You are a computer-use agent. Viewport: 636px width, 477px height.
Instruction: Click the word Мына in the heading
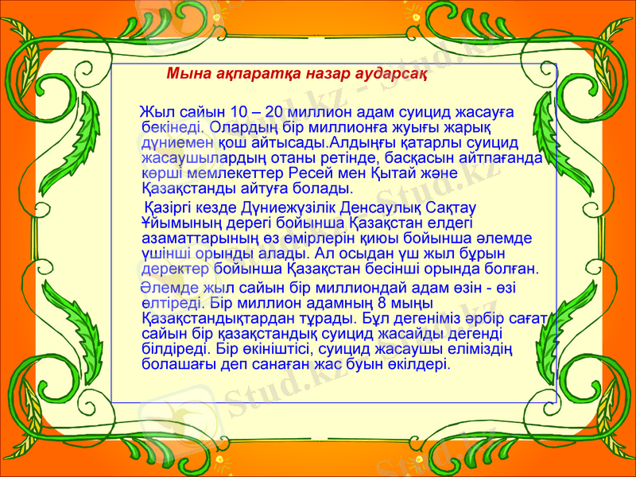pos(186,76)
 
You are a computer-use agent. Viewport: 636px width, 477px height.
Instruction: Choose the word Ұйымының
pos(180,223)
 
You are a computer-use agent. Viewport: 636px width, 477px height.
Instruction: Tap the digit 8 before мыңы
pos(383,303)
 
